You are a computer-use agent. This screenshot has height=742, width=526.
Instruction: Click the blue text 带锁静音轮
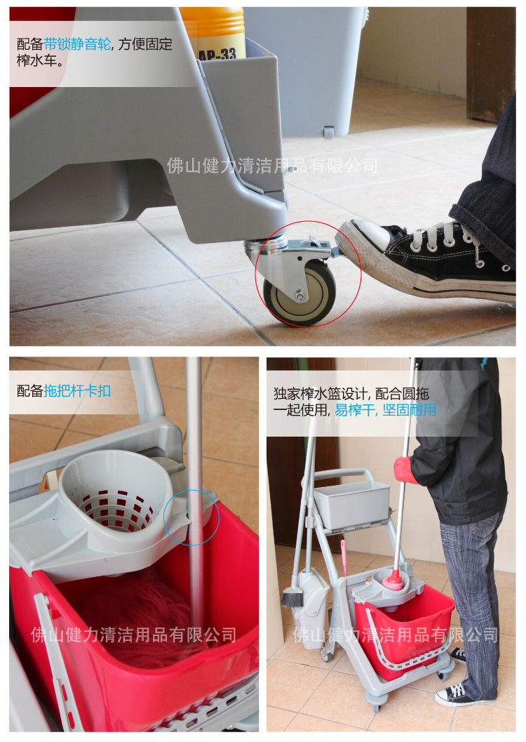(78, 44)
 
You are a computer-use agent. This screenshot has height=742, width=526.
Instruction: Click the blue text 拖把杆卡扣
(78, 391)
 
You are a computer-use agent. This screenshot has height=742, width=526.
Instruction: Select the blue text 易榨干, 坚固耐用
(386, 410)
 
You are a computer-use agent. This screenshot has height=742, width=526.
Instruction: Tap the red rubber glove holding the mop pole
(405, 470)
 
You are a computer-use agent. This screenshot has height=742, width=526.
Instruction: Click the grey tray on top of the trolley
(351, 505)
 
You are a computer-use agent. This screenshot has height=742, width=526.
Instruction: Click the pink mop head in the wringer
(393, 580)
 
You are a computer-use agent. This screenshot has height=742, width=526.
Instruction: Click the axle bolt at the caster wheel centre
(300, 296)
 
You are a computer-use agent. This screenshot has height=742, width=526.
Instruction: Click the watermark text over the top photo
(272, 166)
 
